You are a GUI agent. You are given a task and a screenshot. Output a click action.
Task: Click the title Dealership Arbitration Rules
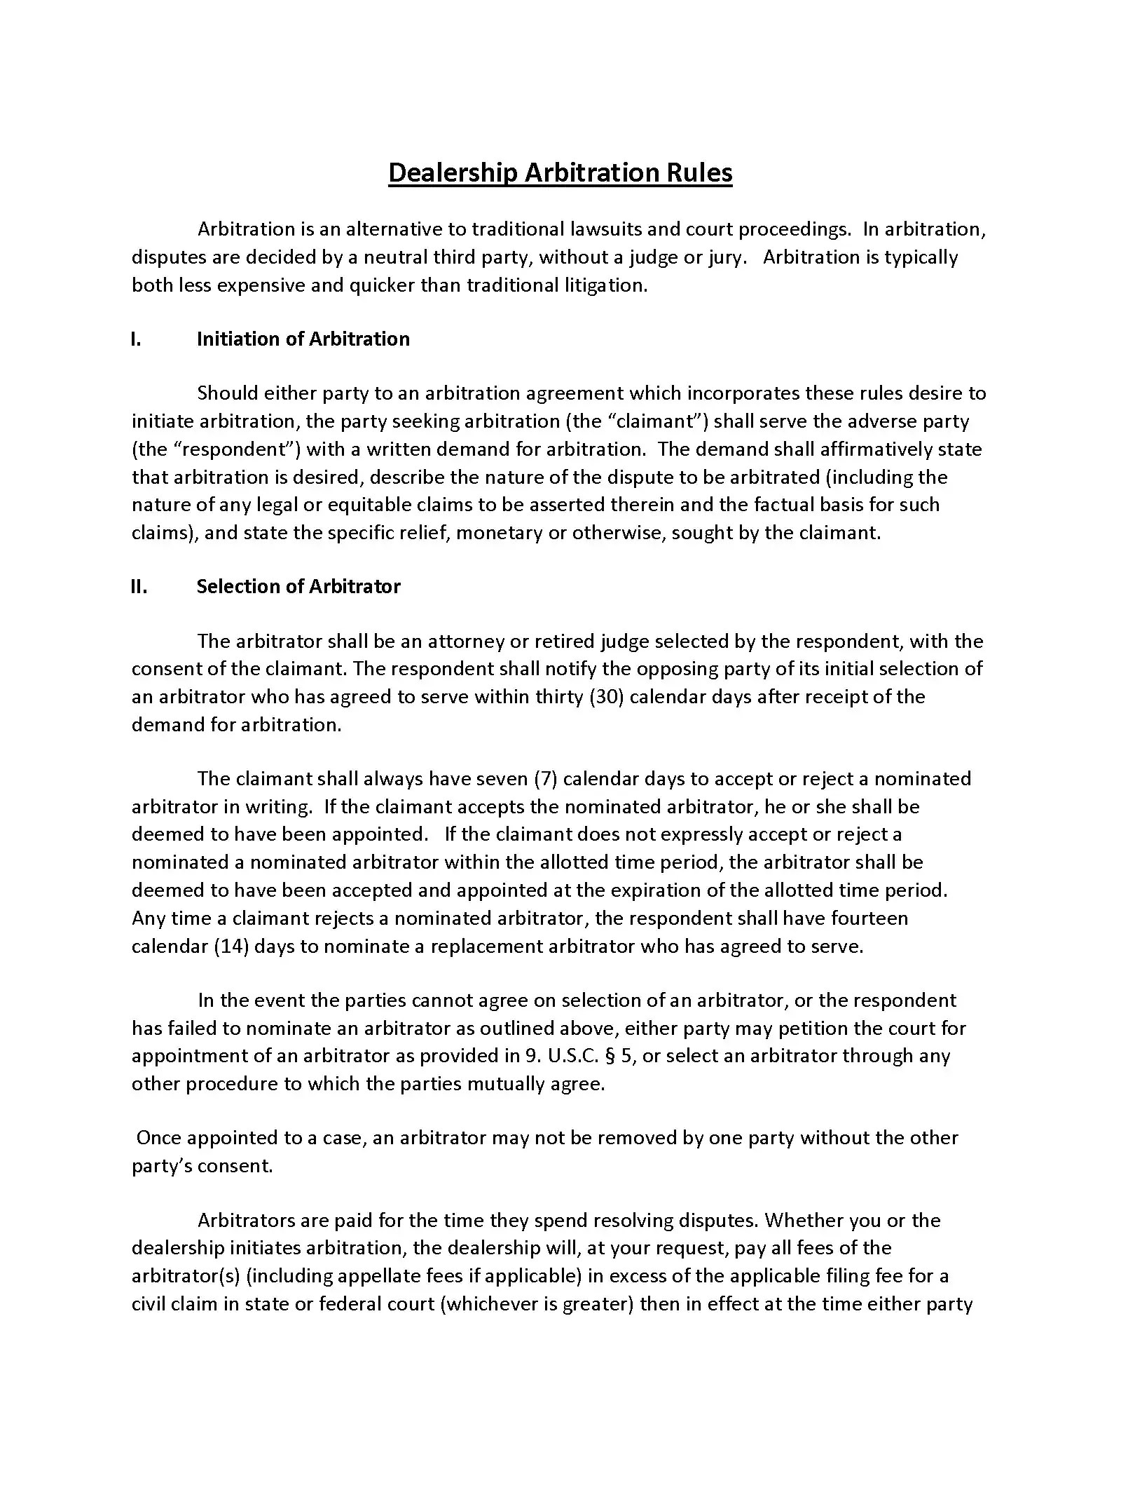pyautogui.click(x=560, y=172)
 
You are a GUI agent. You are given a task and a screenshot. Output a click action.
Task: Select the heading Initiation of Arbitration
pyautogui.click(x=303, y=339)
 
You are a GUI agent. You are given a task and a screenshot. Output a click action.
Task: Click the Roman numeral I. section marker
pyautogui.click(x=136, y=339)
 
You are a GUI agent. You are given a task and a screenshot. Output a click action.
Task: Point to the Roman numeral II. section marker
pyautogui.click(x=139, y=587)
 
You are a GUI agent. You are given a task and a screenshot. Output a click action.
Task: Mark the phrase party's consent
pyautogui.click(x=201, y=1166)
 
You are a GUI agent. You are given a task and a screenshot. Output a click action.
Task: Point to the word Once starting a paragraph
pyautogui.click(x=158, y=1138)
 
